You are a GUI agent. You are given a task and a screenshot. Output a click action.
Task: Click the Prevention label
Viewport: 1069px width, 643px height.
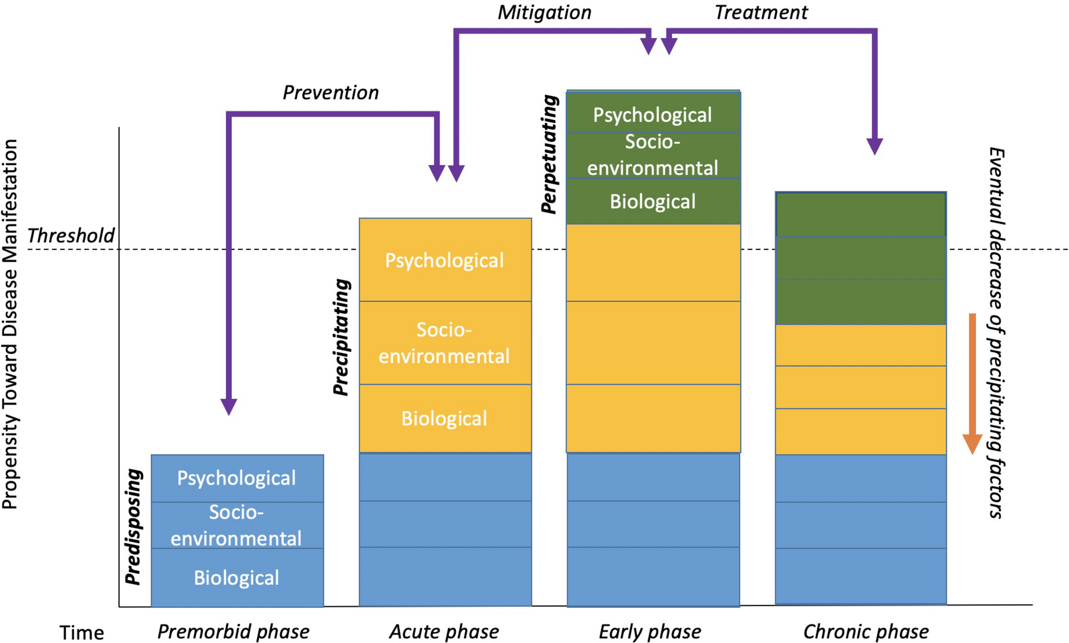tap(331, 93)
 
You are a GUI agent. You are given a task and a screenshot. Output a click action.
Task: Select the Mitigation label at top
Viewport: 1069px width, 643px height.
tap(544, 12)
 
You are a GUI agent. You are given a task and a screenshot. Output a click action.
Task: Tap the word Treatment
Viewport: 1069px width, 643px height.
tap(761, 12)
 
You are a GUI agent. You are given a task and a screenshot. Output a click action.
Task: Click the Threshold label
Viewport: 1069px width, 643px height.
tap(71, 236)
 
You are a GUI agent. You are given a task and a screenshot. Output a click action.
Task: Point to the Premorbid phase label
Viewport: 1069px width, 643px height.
tap(233, 631)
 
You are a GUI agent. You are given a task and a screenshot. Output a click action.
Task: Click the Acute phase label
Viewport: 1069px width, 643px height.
tap(444, 631)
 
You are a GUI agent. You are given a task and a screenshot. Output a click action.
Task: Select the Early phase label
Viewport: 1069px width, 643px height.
tap(650, 631)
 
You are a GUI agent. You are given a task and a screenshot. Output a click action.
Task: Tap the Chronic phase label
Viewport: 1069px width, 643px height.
tap(865, 631)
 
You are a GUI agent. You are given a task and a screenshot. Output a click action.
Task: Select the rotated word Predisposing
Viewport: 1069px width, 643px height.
tap(133, 526)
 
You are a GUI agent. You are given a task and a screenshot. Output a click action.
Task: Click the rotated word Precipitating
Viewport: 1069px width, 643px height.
tap(341, 337)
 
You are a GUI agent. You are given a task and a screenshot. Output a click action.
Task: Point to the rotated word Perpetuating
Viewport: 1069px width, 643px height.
tap(549, 154)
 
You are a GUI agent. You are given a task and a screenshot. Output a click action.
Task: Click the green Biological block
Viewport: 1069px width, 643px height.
tap(653, 202)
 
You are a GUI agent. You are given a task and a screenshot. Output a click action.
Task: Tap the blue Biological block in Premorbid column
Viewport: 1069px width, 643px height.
tap(236, 578)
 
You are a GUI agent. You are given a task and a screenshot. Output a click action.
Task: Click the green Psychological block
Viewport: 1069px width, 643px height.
tap(653, 115)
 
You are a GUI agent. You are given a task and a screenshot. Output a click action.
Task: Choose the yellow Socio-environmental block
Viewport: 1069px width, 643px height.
tap(445, 343)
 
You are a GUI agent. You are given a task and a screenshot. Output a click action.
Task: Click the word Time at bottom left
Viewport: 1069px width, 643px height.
tap(82, 633)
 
